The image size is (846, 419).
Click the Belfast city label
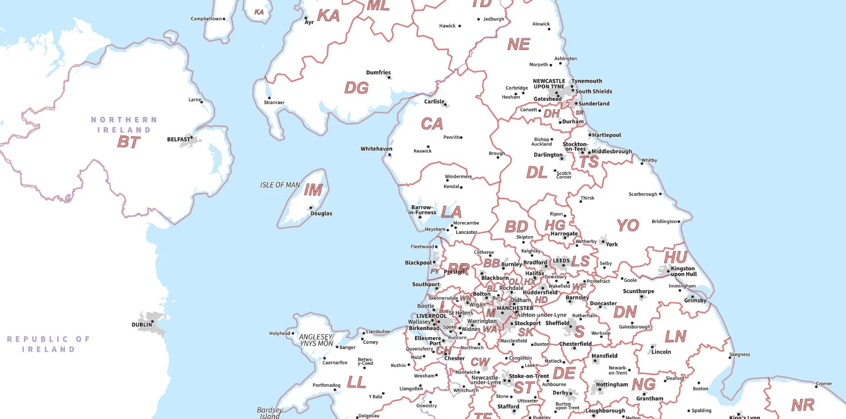(179, 139)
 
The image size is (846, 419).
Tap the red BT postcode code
(129, 142)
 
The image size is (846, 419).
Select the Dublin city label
(141, 325)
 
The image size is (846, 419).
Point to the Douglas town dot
(311, 208)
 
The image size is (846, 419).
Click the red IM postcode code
(313, 190)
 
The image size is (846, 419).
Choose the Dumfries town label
(378, 72)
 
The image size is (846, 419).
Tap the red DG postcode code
(357, 88)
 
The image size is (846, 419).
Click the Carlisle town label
(434, 101)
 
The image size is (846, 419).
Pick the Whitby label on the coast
(649, 160)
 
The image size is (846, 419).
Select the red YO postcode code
(627, 226)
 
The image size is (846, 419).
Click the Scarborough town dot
(660, 194)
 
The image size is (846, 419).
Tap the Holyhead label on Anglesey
(279, 333)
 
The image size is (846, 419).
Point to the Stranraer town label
(274, 102)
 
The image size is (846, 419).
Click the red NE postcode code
(518, 45)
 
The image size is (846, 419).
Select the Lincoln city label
(661, 352)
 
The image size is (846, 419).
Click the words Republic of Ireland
(48, 344)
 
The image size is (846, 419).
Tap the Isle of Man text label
(280, 185)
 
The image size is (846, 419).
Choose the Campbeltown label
(206, 19)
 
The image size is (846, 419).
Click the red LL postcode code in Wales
(356, 383)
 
